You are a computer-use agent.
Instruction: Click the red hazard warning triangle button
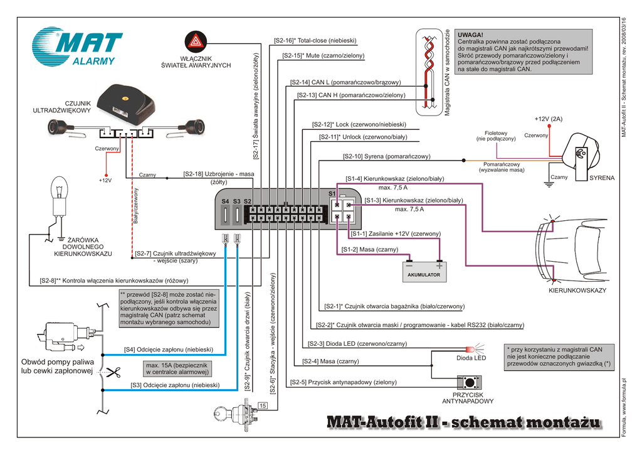coord(196,42)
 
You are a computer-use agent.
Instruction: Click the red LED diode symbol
coord(471,348)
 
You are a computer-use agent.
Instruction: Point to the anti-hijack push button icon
coord(468,382)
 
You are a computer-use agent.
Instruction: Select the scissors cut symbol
coord(113,372)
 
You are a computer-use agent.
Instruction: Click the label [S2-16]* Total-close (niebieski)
coord(315,41)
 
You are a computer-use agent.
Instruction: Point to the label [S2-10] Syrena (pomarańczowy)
coord(386,156)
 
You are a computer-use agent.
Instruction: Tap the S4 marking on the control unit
coord(225,201)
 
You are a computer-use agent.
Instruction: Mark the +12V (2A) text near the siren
coord(549,119)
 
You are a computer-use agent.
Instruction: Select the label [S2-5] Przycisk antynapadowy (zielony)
coord(343,382)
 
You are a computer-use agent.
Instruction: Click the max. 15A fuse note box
coord(177,368)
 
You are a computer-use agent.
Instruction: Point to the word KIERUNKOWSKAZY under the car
coord(577,291)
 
